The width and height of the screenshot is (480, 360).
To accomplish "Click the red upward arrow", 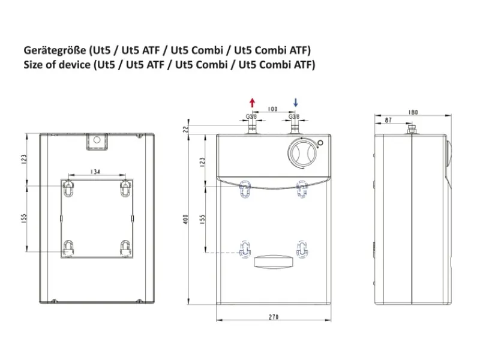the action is coord(252,103).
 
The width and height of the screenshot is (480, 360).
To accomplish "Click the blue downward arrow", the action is coord(295,103).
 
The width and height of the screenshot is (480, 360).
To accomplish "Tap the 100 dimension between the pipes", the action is coord(272,109).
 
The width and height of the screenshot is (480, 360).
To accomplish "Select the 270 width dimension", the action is coord(274,317).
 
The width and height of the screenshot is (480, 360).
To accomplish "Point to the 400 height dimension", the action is coord(185,219).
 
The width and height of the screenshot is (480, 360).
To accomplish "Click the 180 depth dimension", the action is coord(413,112).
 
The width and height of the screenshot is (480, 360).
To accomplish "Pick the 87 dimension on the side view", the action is coord(388,121).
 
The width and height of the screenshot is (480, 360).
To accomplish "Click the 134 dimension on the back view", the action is coord(95,172).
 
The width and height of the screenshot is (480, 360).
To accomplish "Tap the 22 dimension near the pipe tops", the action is coord(186,129).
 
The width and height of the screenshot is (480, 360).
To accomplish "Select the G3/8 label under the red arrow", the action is coord(251,116).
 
